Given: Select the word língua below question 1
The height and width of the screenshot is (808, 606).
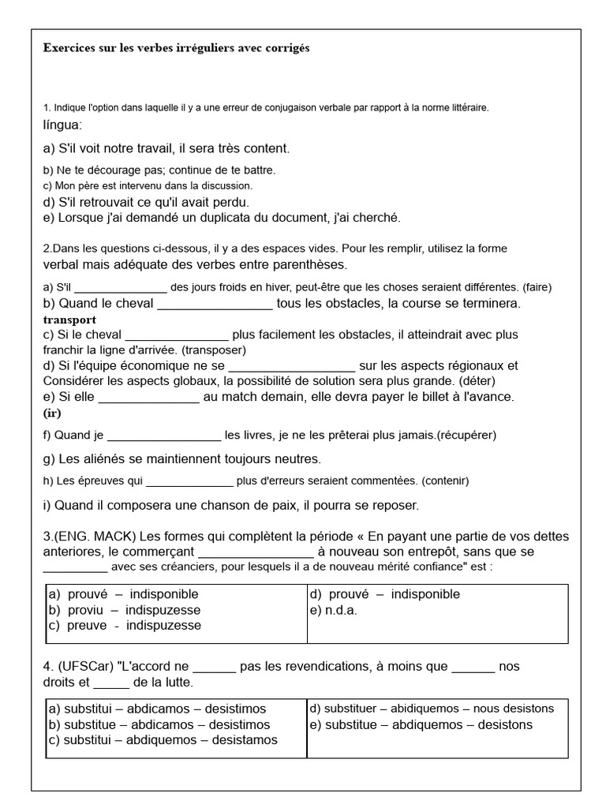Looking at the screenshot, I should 62,125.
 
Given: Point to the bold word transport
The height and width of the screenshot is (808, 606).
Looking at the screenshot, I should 69,320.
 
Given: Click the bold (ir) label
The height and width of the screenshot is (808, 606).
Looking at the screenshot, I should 52,413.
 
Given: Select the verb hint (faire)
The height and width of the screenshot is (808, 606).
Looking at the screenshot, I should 533,286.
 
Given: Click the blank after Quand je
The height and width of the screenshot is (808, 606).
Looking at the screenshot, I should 164,435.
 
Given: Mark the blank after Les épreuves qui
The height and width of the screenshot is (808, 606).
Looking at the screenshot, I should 189,481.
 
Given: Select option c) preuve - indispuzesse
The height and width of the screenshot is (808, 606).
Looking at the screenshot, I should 125,626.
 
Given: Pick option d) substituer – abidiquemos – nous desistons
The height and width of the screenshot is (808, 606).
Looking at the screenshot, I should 432,709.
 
